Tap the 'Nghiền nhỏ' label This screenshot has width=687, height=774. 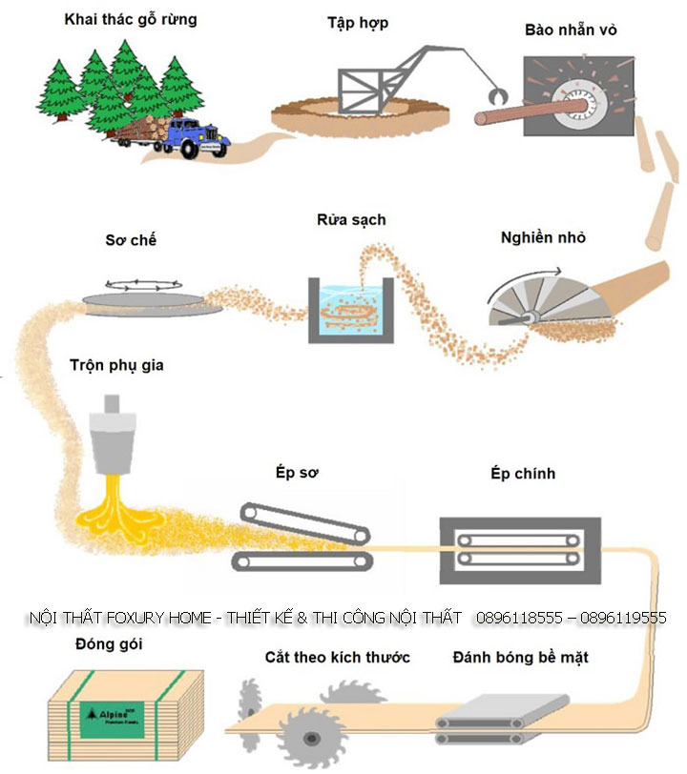(x=540, y=238)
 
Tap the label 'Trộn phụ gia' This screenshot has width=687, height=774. (x=115, y=365)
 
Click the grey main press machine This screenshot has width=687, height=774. (x=519, y=550)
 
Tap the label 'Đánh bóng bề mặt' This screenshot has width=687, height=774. (x=521, y=658)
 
